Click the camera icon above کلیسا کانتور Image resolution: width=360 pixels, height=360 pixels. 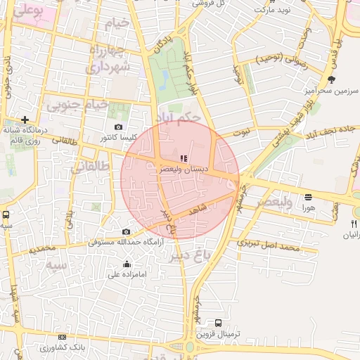[118, 127]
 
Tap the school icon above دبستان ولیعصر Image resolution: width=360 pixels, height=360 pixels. [184, 159]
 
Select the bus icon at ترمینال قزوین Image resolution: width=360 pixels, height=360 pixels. [218, 323]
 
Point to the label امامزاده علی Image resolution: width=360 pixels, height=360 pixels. [126, 274]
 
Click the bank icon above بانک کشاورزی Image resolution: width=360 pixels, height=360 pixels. [62, 337]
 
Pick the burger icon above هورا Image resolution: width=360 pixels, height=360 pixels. [308, 197]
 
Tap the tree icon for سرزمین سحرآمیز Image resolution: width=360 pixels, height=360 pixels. [332, 79]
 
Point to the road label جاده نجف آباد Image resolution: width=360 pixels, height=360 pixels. [332, 132]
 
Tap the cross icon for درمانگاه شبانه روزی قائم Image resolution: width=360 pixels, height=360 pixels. [25, 120]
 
